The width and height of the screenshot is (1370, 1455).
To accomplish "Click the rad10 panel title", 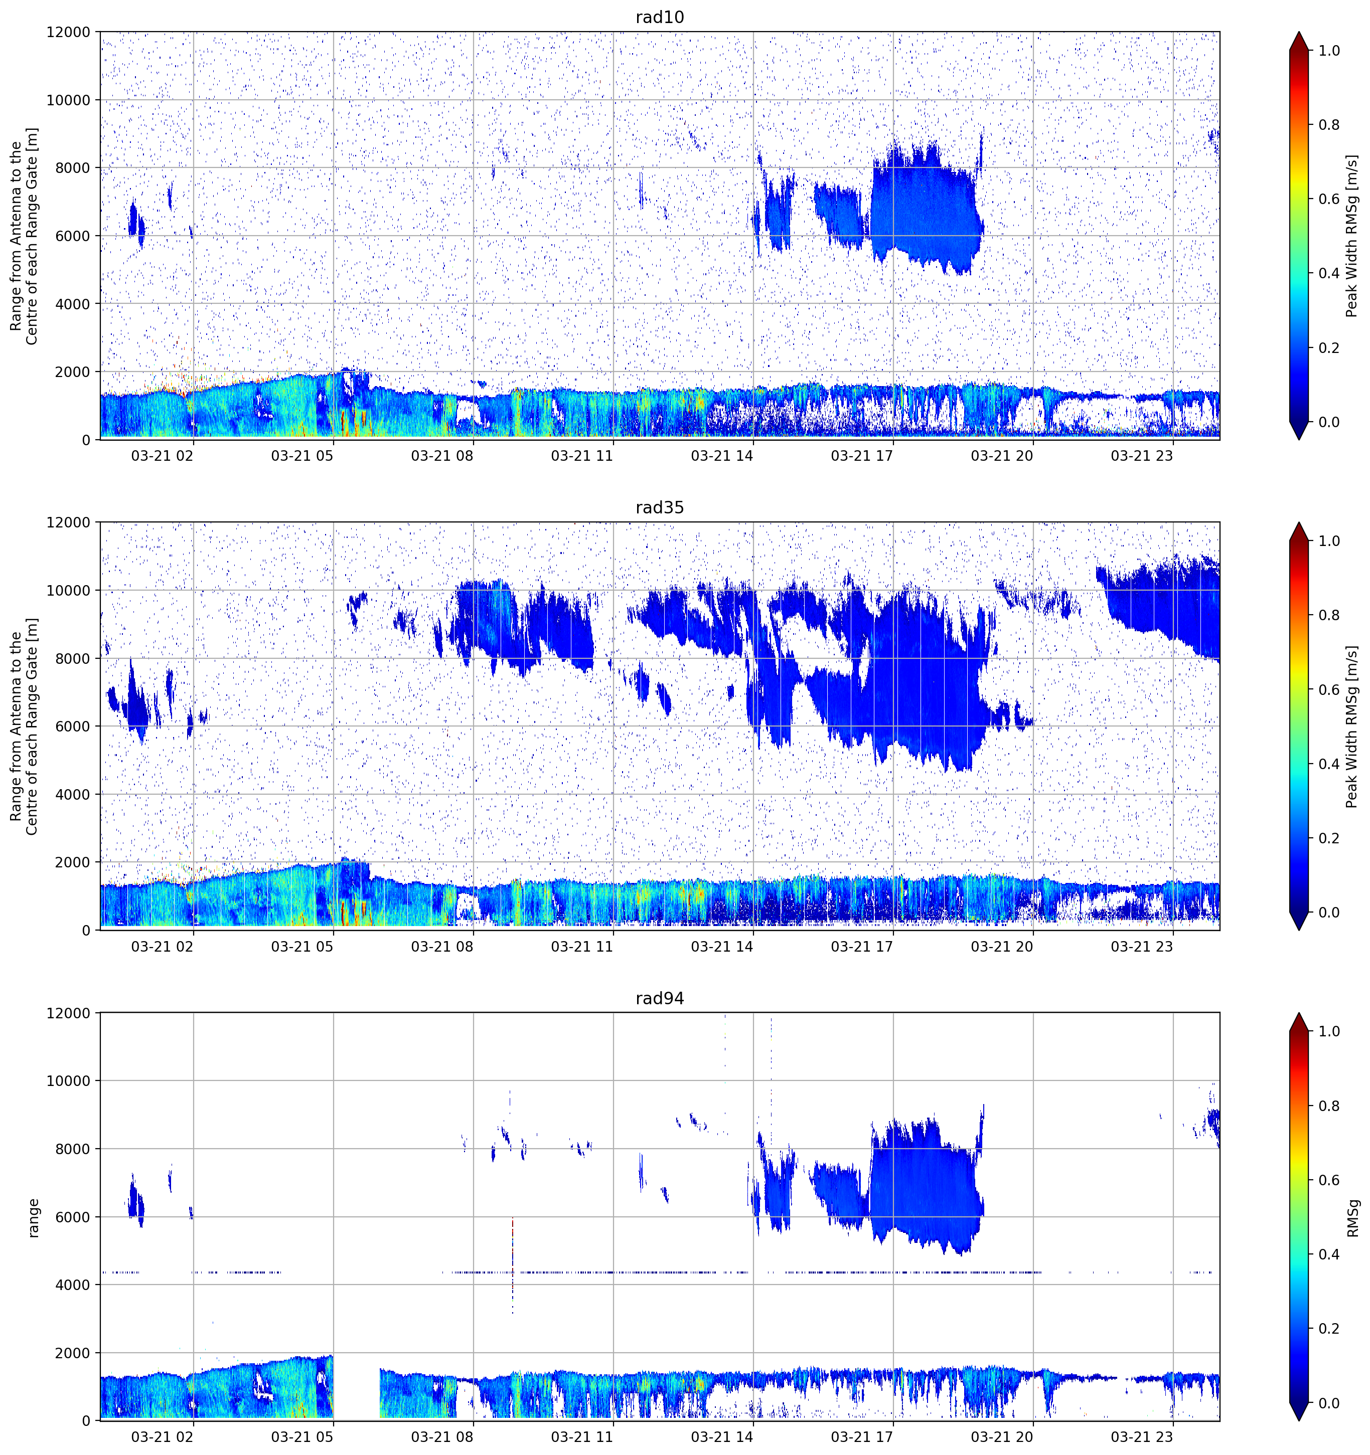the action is [x=659, y=18].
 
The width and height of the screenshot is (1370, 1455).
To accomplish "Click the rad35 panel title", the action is [x=659, y=508].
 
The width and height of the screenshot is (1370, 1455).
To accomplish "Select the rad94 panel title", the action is [x=659, y=998].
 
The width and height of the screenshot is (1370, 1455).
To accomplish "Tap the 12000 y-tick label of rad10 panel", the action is [x=68, y=32].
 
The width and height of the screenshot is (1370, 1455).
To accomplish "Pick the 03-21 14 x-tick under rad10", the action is [x=721, y=456].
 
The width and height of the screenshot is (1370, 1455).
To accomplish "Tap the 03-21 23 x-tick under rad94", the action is [x=1142, y=1437].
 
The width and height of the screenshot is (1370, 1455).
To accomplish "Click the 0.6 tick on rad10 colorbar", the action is [x=1329, y=199].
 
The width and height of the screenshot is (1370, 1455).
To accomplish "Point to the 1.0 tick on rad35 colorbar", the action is [x=1329, y=541].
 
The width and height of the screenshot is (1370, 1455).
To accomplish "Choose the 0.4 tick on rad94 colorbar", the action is [x=1329, y=1254].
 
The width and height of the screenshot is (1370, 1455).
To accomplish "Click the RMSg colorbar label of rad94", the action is [x=1352, y=1218].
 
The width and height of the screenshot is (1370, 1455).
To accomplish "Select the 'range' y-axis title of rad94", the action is [x=33, y=1218].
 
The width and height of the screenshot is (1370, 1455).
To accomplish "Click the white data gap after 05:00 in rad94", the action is [x=357, y=1387].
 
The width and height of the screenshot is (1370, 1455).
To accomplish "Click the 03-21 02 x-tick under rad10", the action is [x=162, y=456].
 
